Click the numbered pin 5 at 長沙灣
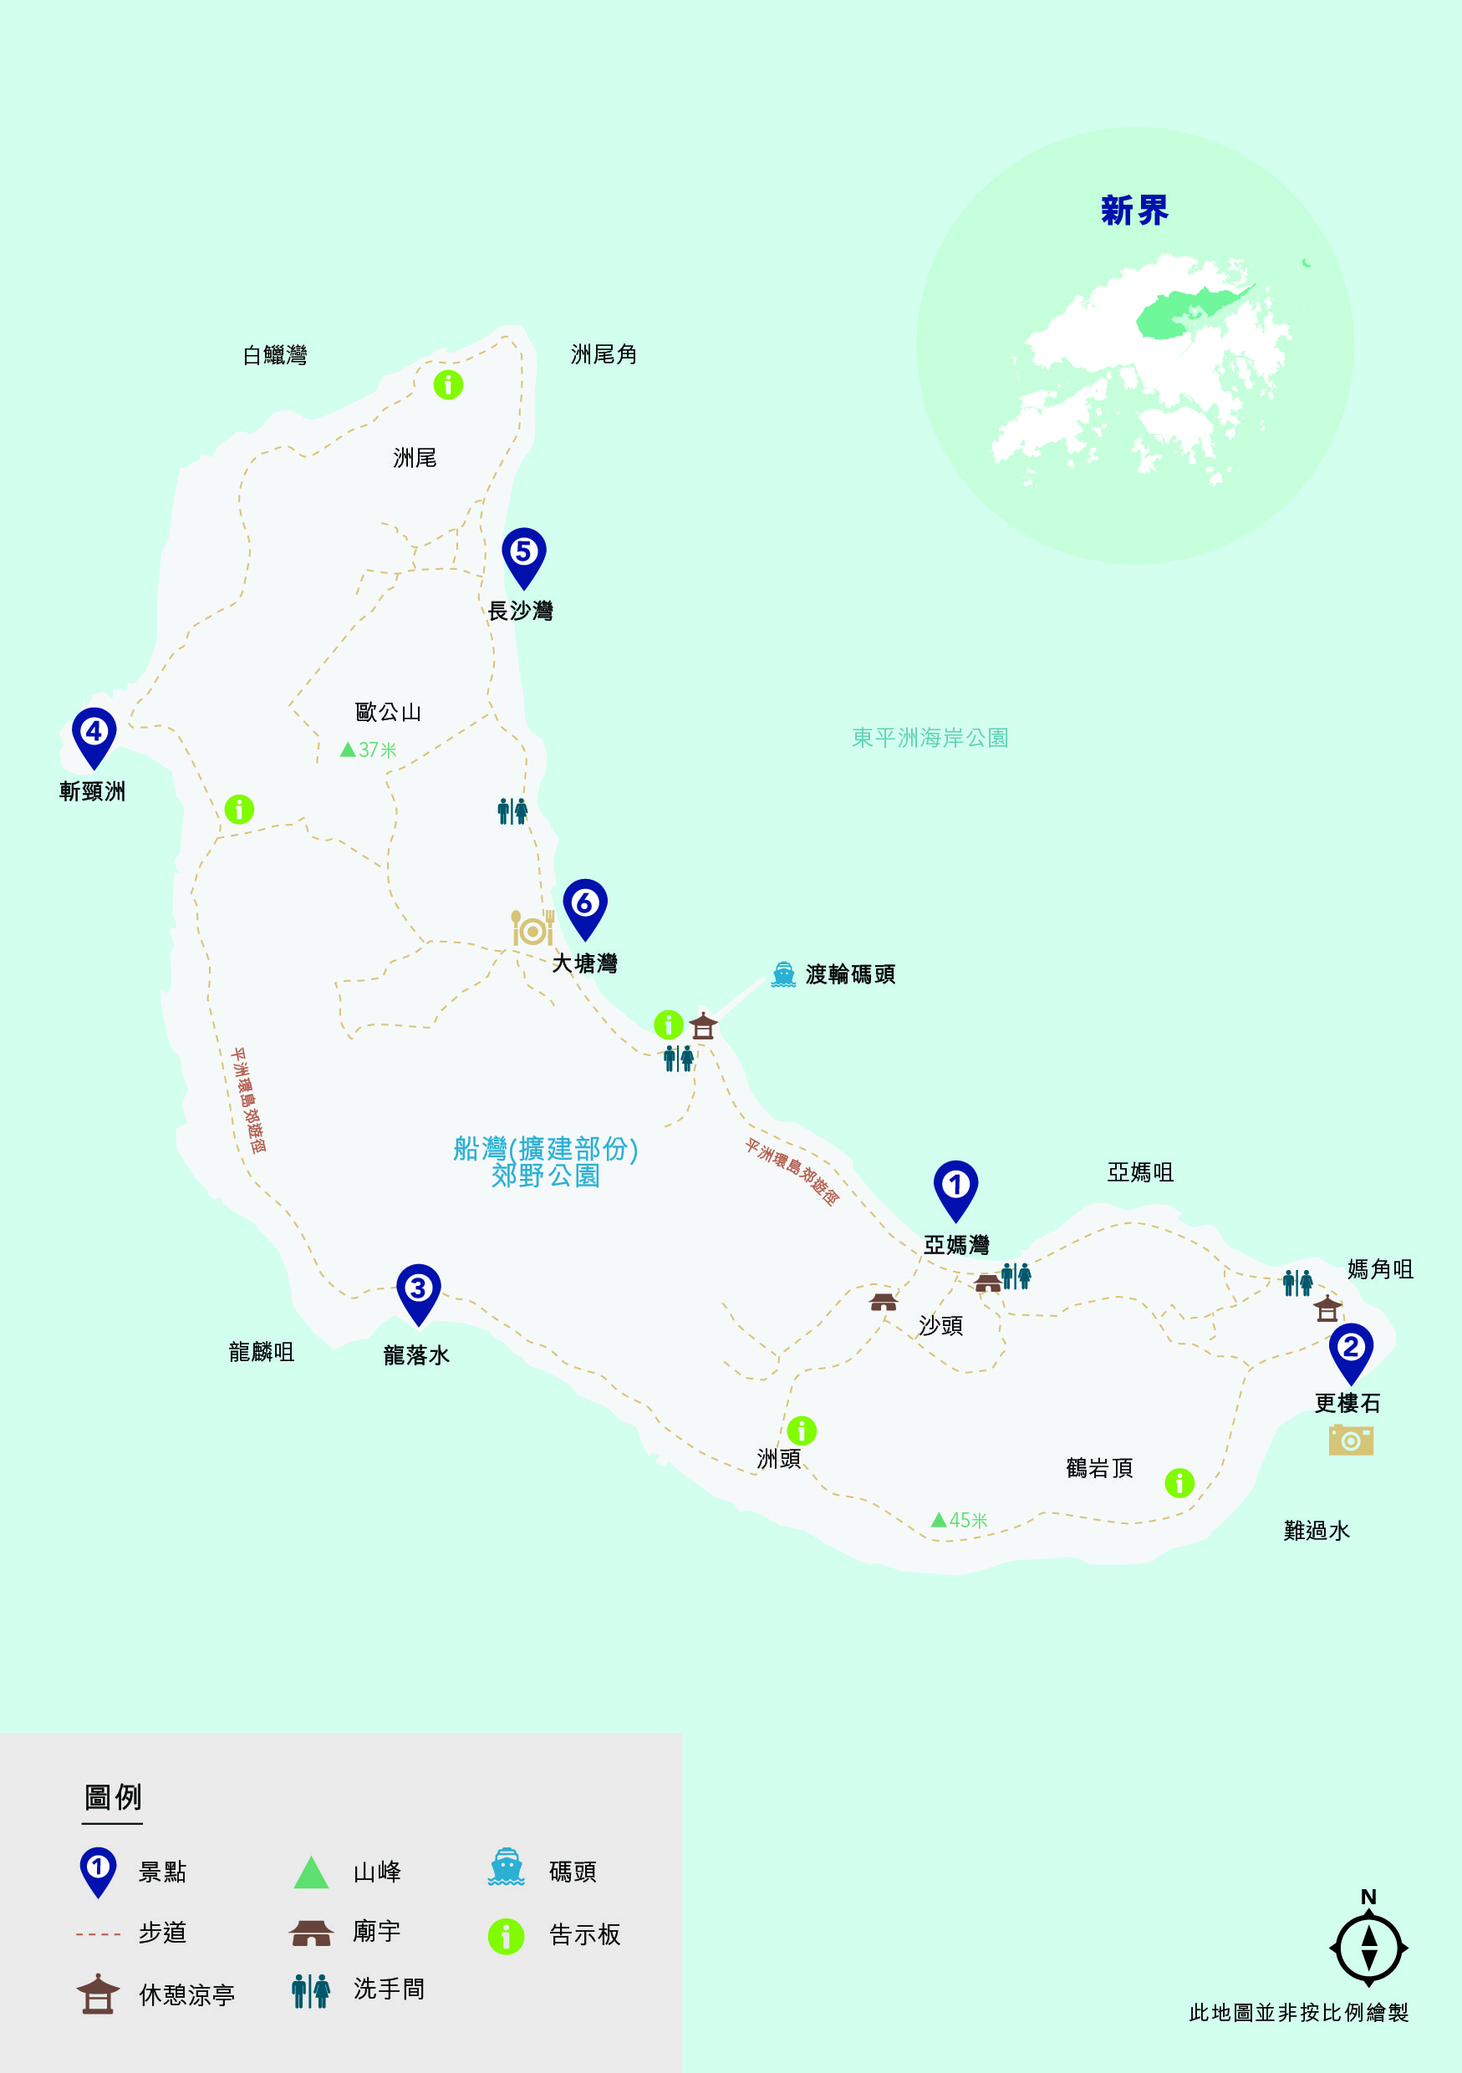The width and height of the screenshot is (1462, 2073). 524,553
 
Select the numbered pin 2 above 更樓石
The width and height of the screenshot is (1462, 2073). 1351,1349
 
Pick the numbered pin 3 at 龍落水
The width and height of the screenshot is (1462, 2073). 418,1290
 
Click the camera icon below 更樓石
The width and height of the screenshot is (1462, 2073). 1351,1440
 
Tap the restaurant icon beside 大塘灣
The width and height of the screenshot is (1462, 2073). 532,928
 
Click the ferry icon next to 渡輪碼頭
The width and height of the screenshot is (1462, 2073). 783,975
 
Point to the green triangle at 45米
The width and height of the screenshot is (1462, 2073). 940,1520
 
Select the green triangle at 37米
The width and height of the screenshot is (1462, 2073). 348,749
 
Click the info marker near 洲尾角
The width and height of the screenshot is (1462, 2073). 448,384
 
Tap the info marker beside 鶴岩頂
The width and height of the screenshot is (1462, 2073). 1179,1482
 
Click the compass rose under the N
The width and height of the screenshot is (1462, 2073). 1368,1949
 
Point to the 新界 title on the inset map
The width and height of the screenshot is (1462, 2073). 1134,211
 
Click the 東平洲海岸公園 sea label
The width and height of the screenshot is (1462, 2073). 930,738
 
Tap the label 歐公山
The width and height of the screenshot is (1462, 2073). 389,713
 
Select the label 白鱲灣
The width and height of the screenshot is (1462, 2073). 274,356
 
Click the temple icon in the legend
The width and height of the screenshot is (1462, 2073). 312,1933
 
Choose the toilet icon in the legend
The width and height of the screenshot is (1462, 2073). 311,1991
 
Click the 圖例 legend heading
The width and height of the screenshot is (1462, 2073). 113,1796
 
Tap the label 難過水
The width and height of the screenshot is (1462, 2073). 1316,1531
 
